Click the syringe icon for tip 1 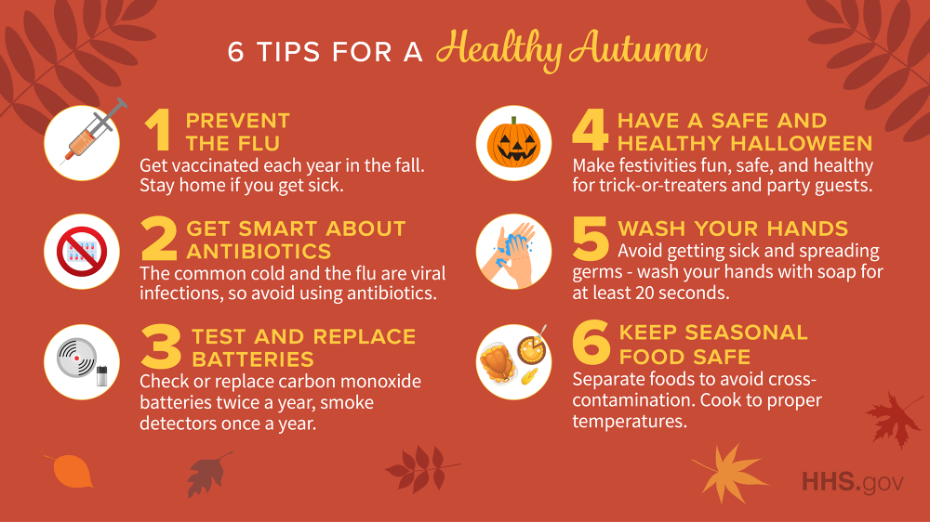click(82, 141)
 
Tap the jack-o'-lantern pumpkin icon click(513, 142)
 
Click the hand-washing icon click(513, 252)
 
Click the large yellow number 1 click(158, 132)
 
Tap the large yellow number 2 click(159, 241)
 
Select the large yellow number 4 click(590, 132)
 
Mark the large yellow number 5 click(591, 241)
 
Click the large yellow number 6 click(591, 344)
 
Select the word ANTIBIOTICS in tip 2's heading click(259, 252)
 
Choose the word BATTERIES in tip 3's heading click(253, 359)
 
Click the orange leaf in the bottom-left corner click(71, 471)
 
